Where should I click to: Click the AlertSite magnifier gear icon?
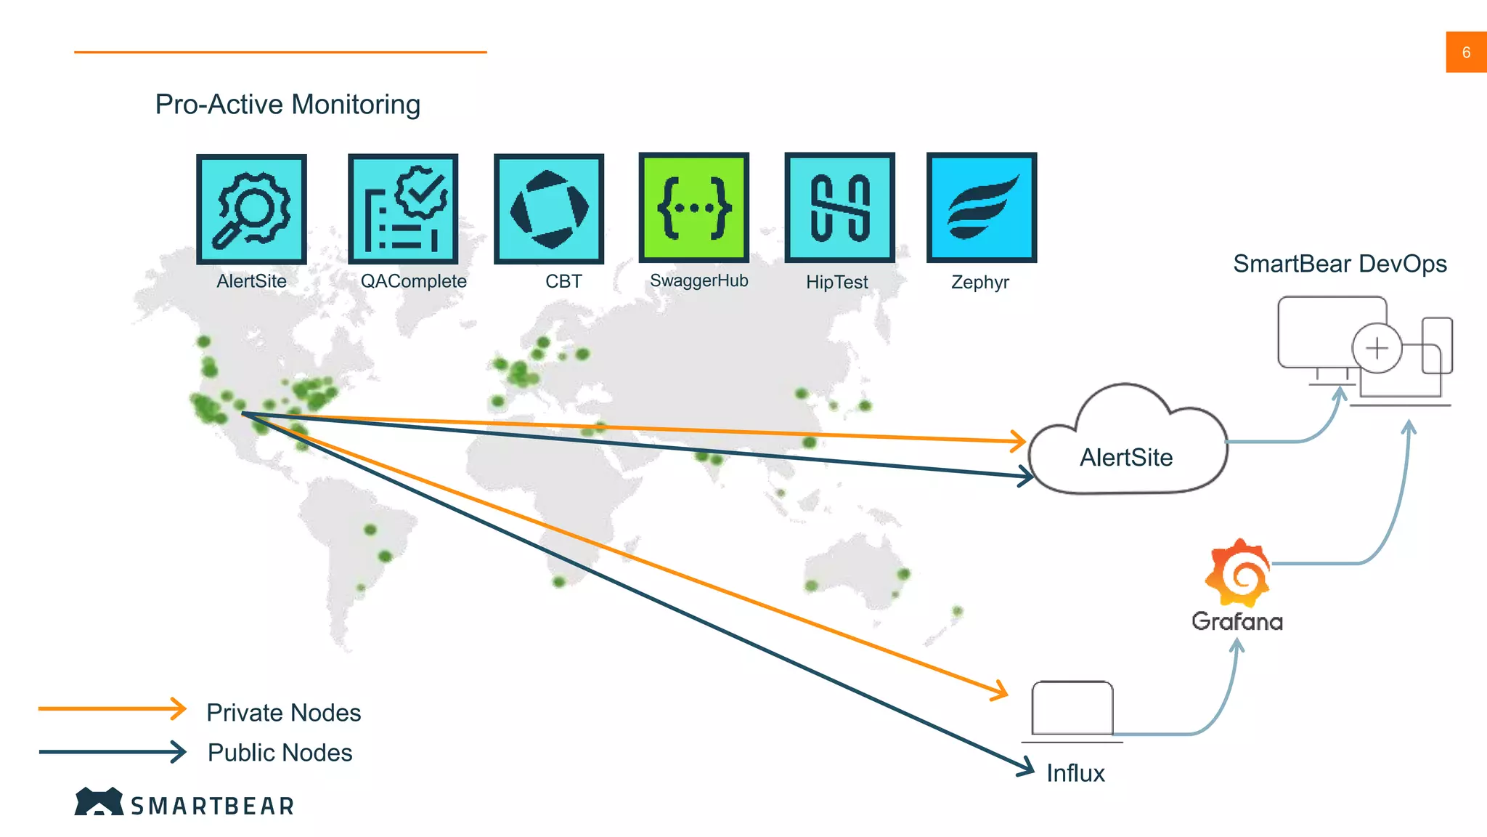[251, 209]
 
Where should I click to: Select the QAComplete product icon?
[403, 209]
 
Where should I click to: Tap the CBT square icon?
[549, 209]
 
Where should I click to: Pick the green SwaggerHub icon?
[694, 208]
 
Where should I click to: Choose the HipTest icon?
[839, 208]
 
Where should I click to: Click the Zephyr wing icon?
[982, 208]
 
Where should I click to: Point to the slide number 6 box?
[1466, 52]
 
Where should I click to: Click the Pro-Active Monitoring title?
[288, 105]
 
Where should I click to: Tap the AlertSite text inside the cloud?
[1125, 458]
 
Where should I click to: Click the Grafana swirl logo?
[1238, 573]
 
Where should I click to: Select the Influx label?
[1075, 773]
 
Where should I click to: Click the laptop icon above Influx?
[1072, 710]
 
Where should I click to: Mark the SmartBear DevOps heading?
[1340, 264]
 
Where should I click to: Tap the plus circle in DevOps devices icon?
[1377, 348]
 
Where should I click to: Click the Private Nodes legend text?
[283, 713]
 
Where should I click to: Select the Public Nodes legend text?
[280, 753]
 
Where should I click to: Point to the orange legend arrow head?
[179, 708]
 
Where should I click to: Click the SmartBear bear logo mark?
[99, 801]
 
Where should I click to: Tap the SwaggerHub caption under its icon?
[698, 281]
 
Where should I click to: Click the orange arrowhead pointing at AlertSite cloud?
[1019, 440]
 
